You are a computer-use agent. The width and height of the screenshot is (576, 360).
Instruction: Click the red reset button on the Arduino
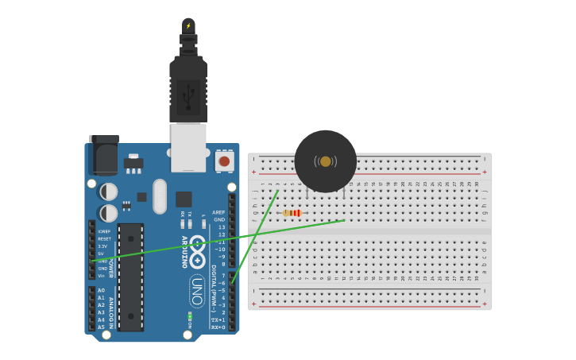pos(224,161)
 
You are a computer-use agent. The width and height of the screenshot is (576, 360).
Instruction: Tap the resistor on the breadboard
pos(292,213)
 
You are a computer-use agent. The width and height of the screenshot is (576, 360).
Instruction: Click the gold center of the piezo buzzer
pos(325,161)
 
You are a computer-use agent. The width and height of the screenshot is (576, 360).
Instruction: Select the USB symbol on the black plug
pos(188,95)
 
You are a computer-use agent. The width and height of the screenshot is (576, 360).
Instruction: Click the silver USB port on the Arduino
pos(188,147)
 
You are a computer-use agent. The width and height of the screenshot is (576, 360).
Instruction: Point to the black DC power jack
pos(103,156)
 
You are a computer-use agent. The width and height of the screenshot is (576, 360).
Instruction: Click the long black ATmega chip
pos(131,277)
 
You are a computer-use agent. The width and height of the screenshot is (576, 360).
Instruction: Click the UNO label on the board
pos(196,291)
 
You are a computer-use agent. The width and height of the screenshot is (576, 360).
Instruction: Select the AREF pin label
pos(218,212)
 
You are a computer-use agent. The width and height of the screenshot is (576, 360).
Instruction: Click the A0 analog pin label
pos(101,291)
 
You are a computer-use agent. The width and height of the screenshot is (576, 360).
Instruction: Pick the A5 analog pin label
pos(101,327)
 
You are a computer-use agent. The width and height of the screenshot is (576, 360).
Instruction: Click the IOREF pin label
pos(104,231)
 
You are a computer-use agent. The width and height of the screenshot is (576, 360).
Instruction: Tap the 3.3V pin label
pos(102,246)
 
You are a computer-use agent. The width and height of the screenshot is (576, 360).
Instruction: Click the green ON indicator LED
pos(190,316)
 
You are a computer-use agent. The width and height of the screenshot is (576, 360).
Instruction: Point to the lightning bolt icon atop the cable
pos(188,26)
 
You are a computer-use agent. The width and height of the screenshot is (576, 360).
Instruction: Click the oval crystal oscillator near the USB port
pos(160,195)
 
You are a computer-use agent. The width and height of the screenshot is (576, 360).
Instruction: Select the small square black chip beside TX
pos(184,199)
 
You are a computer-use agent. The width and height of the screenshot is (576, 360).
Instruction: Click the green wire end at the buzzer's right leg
pos(344,220)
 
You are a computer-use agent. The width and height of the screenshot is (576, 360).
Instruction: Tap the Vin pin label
pos(102,276)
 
